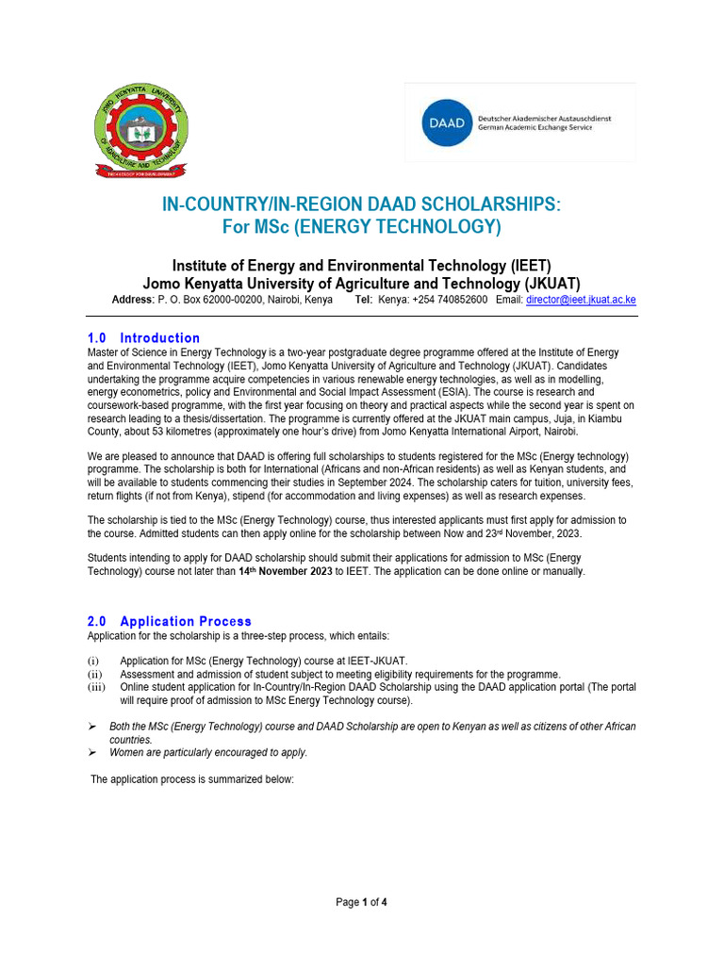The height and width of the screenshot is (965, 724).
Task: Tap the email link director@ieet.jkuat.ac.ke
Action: pos(581,300)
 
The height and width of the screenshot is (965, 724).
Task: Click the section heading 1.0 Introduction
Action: pos(143,337)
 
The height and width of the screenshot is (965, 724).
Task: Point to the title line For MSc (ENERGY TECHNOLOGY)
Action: pos(362,227)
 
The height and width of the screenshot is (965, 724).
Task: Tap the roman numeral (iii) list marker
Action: pos(96,688)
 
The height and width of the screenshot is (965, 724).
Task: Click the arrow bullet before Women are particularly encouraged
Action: pos(92,753)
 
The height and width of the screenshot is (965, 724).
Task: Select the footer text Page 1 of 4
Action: pos(362,902)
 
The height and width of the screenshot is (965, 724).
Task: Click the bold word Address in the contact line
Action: pos(132,300)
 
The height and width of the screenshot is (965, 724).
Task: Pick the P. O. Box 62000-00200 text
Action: pos(213,300)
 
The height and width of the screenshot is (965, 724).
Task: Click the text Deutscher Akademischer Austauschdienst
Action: pos(544,118)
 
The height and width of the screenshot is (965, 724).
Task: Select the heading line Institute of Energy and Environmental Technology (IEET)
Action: pos(362,265)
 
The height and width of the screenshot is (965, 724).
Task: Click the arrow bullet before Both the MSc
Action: pos(92,727)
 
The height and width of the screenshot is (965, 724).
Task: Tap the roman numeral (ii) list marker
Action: pos(94,675)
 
